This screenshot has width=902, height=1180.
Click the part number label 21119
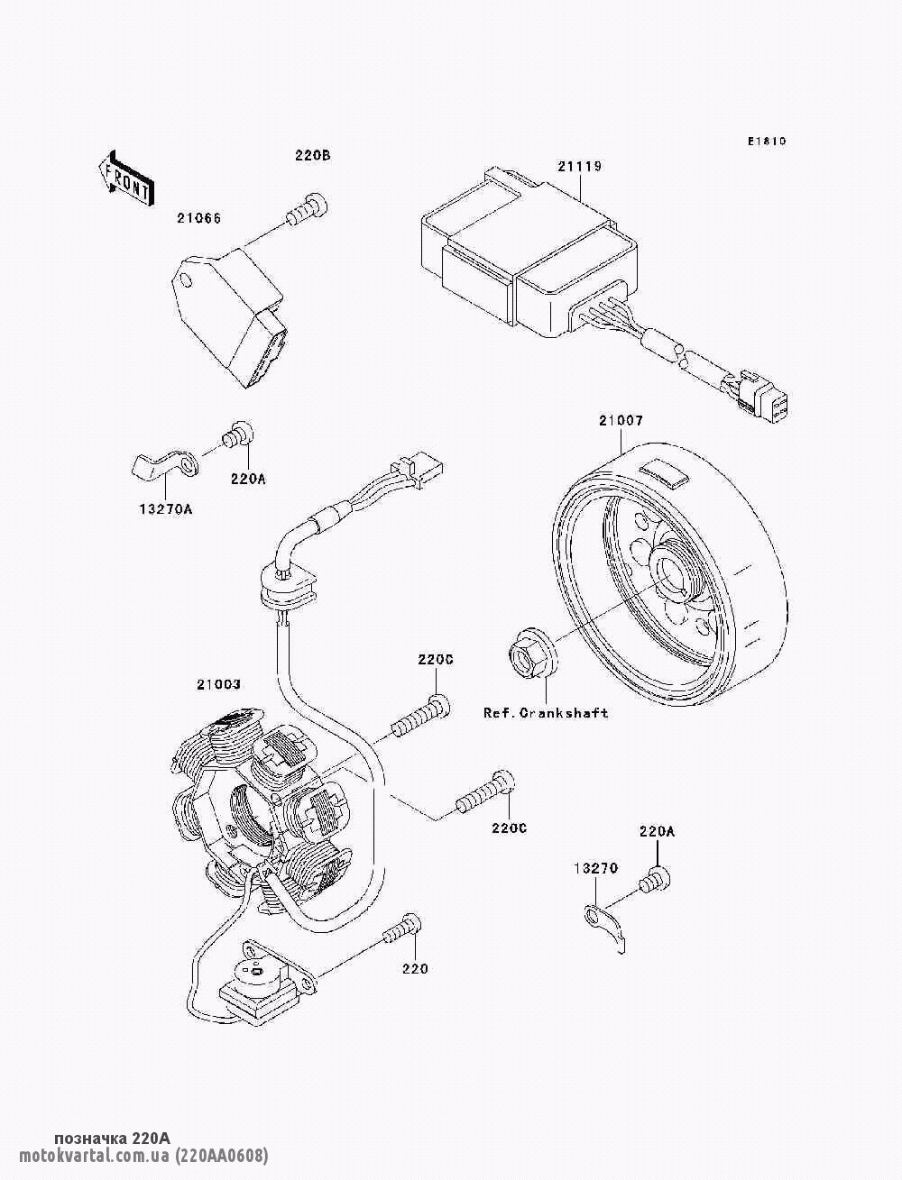579,167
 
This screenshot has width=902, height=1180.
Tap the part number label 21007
621,420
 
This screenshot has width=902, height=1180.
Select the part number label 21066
199,218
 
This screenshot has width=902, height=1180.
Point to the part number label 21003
218,684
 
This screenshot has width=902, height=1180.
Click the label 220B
312,155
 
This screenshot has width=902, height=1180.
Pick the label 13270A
166,508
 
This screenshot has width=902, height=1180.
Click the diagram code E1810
767,142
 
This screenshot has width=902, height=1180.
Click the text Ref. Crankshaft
546,713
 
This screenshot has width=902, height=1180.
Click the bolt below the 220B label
307,210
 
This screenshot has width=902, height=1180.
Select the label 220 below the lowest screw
415,968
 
